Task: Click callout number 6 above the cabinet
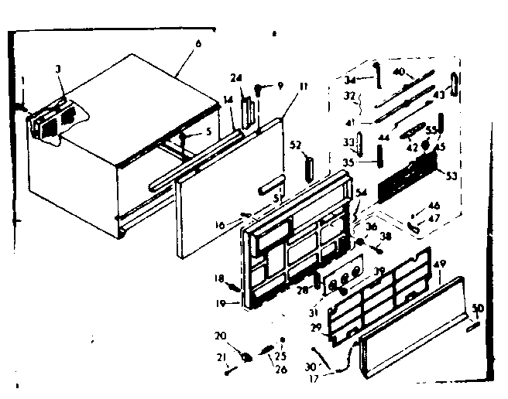coord(198,44)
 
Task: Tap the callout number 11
coord(303,87)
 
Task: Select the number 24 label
coord(236,77)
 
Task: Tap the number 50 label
coord(478,308)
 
